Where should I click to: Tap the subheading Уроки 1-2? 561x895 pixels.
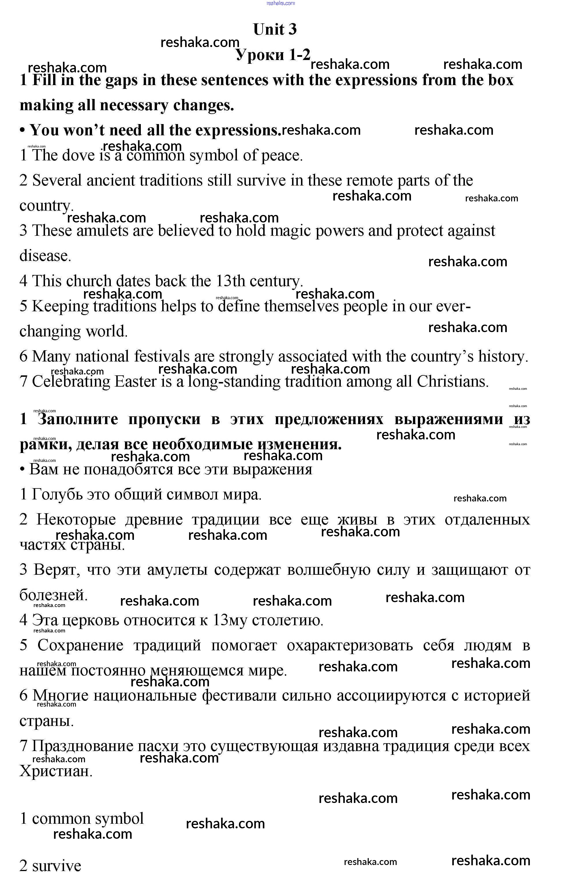click(273, 55)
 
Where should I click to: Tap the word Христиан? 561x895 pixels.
click(55, 771)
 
